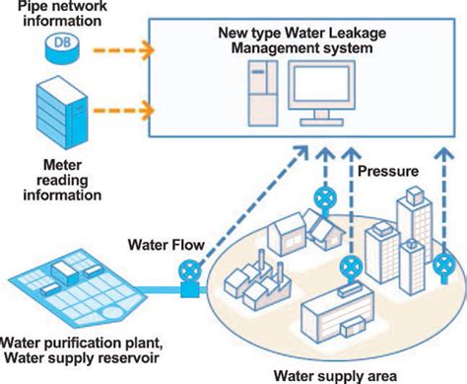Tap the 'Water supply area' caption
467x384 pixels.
335,375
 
